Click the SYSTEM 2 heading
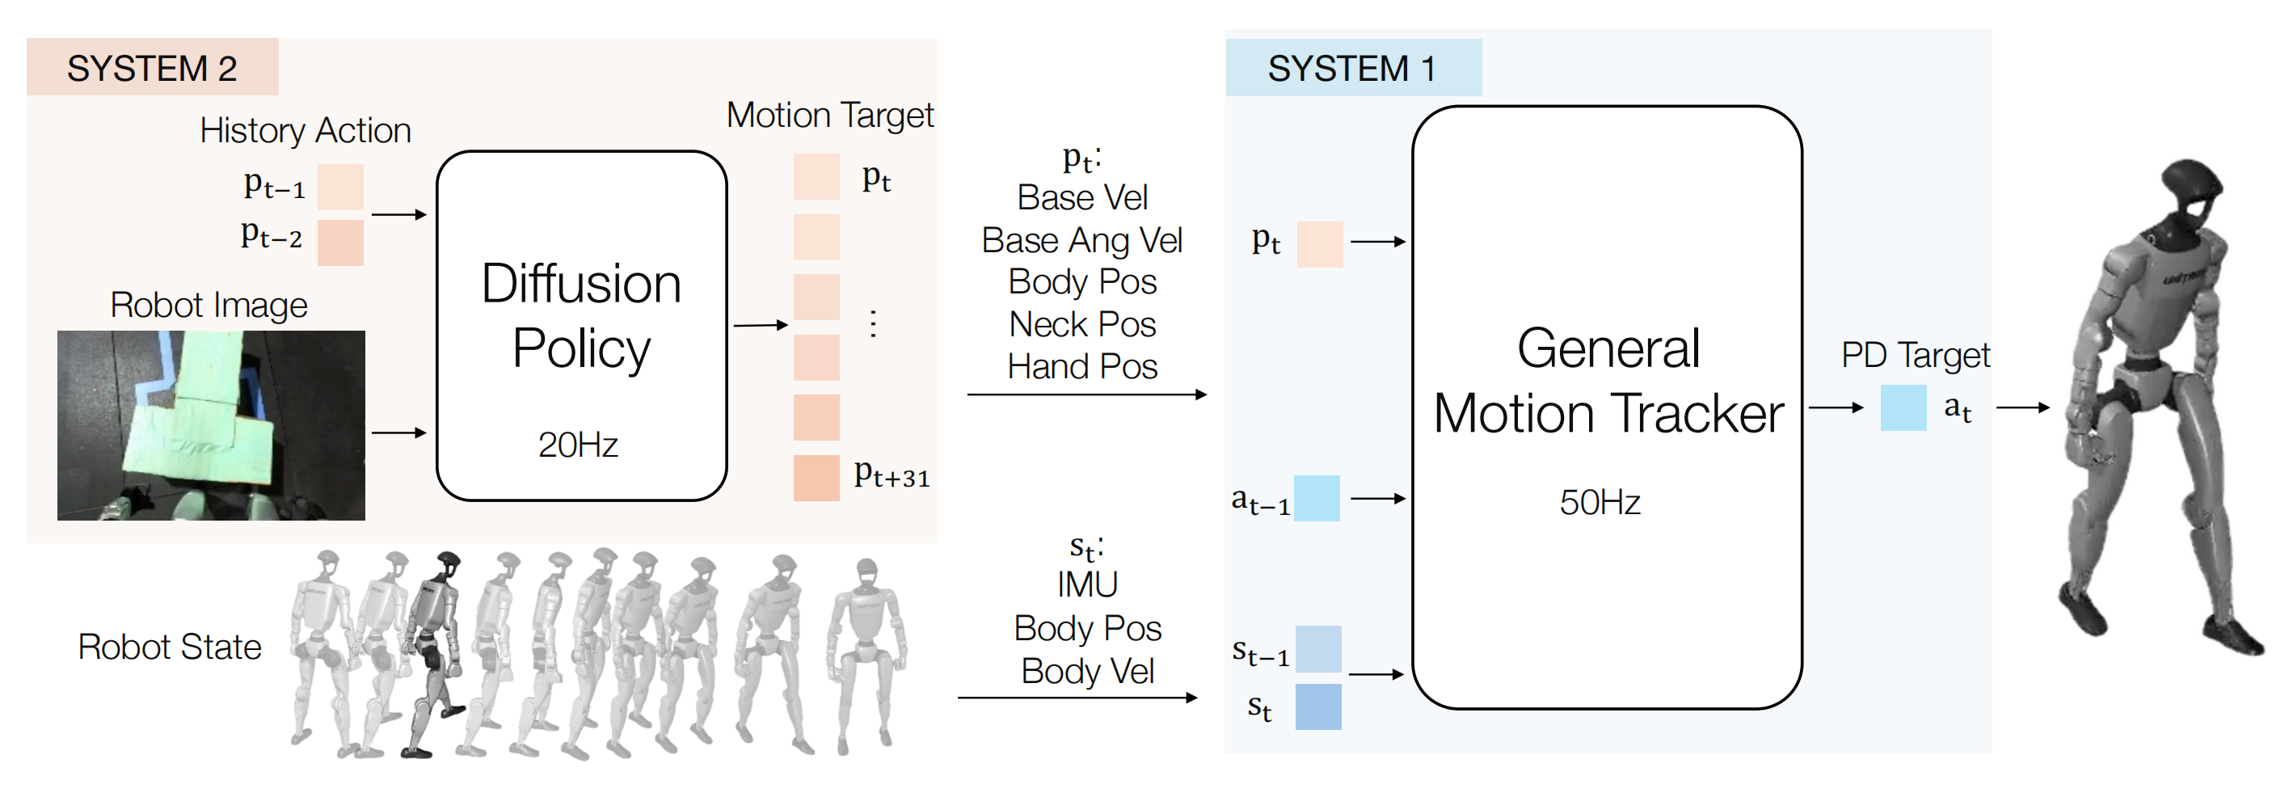(x=152, y=69)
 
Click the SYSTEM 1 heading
(x=1351, y=69)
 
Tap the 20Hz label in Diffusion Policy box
(x=578, y=445)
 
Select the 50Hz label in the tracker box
(x=1600, y=502)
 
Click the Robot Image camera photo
(x=211, y=424)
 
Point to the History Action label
(x=305, y=131)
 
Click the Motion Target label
(x=829, y=115)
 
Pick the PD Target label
(x=1915, y=356)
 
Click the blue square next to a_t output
(x=1903, y=407)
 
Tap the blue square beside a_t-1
(x=1316, y=499)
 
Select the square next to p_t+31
(x=816, y=478)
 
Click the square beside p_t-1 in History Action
(x=340, y=187)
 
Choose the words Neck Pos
(x=1082, y=324)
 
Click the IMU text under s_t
(x=1087, y=584)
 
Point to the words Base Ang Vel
(x=1081, y=240)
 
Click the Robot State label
(x=170, y=647)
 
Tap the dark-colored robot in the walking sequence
(x=432, y=653)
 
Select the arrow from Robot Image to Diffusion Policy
(x=399, y=432)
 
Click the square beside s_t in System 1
(x=1317, y=707)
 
